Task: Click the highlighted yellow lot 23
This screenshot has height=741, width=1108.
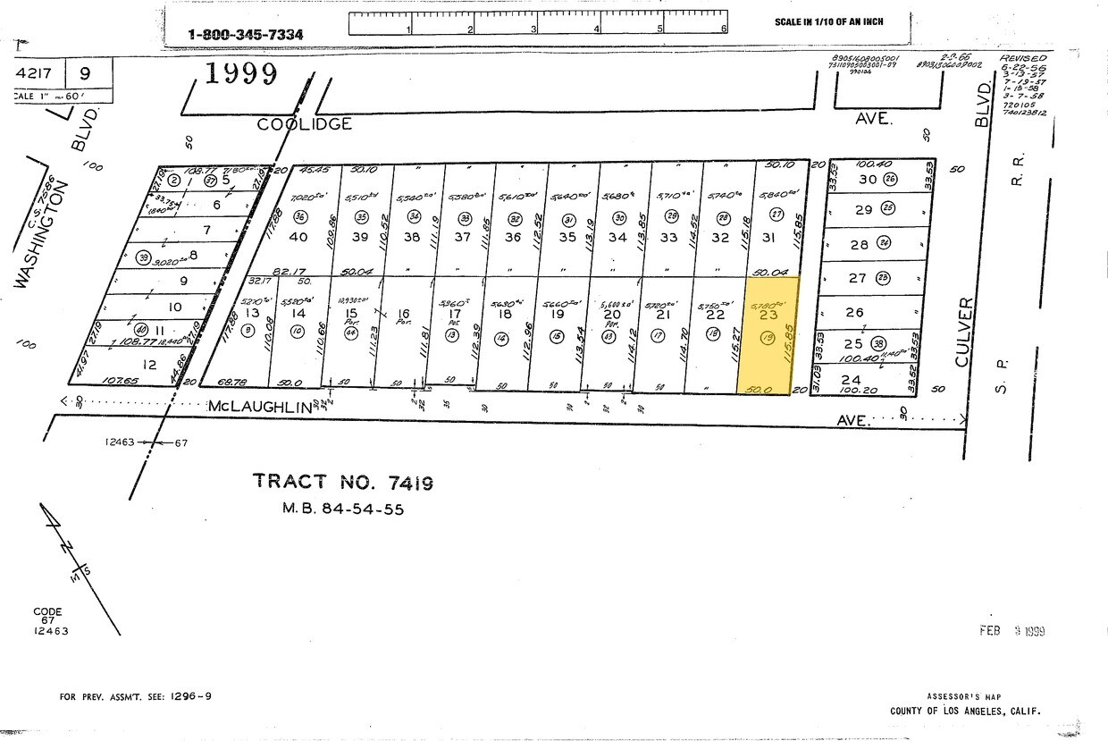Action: click(x=768, y=335)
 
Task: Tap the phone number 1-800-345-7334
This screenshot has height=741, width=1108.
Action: click(x=245, y=35)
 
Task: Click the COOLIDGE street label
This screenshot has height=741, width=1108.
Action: click(x=304, y=124)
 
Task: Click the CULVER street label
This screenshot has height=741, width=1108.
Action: click(x=961, y=333)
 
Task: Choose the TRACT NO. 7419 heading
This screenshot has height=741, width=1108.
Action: click(x=343, y=482)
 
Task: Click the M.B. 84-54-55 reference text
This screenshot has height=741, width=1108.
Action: click(x=343, y=509)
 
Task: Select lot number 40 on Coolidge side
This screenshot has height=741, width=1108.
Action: click(x=298, y=236)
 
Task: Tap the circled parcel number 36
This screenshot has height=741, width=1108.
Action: click(x=299, y=216)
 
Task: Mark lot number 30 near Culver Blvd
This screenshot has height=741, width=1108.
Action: click(x=867, y=179)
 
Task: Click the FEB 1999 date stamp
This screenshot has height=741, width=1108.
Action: click(x=1011, y=631)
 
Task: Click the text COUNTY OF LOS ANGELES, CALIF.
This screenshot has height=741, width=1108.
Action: click(x=965, y=712)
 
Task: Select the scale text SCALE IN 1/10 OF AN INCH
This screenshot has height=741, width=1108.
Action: click(x=828, y=21)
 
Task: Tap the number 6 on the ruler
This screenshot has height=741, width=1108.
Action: click(x=724, y=29)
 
